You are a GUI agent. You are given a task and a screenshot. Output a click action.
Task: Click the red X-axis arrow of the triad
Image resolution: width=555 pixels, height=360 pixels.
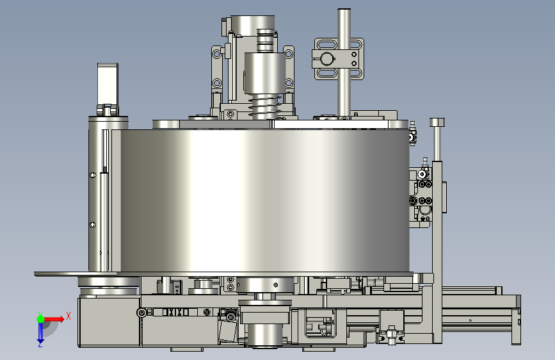point(54,319)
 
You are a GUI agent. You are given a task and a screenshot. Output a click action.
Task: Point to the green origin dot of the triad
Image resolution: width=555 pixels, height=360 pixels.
point(40,319)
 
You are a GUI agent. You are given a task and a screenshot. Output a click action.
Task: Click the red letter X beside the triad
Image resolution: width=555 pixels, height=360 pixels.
point(68,316)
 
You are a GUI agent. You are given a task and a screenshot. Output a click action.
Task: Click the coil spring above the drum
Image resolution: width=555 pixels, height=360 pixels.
point(265,106)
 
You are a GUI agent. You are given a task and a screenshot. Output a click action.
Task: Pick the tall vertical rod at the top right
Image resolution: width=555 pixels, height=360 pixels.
point(344,62)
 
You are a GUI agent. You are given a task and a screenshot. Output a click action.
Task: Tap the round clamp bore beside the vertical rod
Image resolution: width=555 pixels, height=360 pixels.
point(326,59)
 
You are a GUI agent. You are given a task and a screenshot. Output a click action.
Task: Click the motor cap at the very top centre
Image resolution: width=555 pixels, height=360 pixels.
point(252,25)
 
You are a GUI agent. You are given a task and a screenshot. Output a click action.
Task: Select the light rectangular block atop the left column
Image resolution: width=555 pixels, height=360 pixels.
point(108,85)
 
